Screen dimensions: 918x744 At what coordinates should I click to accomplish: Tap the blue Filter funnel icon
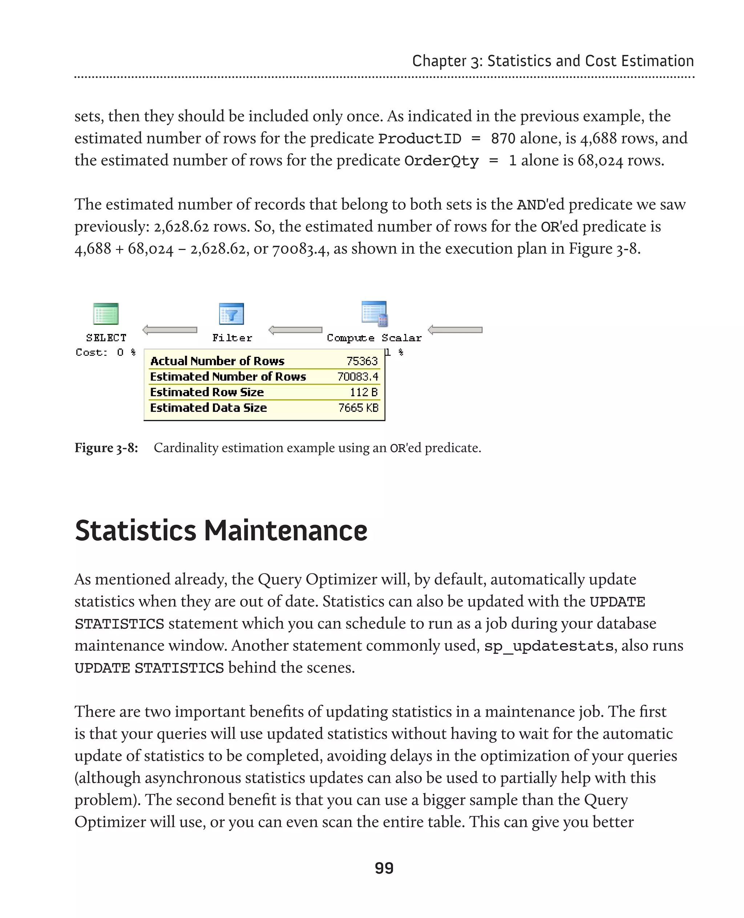(231, 314)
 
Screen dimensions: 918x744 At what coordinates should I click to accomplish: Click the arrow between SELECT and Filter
(170, 330)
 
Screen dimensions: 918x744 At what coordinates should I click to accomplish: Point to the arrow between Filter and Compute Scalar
(295, 330)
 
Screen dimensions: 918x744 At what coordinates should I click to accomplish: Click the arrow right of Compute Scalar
(455, 330)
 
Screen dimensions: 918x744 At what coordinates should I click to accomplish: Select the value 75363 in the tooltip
(362, 361)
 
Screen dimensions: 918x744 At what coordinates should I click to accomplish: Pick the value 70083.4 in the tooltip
(357, 377)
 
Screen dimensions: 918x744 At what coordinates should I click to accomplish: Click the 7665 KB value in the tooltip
(358, 407)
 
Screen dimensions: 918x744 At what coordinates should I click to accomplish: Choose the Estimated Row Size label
(207, 392)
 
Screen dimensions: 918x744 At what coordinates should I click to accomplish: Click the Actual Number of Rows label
(217, 361)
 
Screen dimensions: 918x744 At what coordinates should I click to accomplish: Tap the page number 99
(384, 868)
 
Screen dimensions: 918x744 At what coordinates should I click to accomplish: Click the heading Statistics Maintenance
(221, 530)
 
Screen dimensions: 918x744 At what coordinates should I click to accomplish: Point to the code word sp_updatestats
(549, 646)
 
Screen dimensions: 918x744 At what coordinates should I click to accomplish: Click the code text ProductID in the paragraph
(420, 138)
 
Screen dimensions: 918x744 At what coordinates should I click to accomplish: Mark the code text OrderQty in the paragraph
(441, 161)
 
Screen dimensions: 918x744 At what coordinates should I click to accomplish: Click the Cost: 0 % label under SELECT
(105, 352)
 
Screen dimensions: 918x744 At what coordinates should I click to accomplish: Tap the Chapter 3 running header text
(553, 61)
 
